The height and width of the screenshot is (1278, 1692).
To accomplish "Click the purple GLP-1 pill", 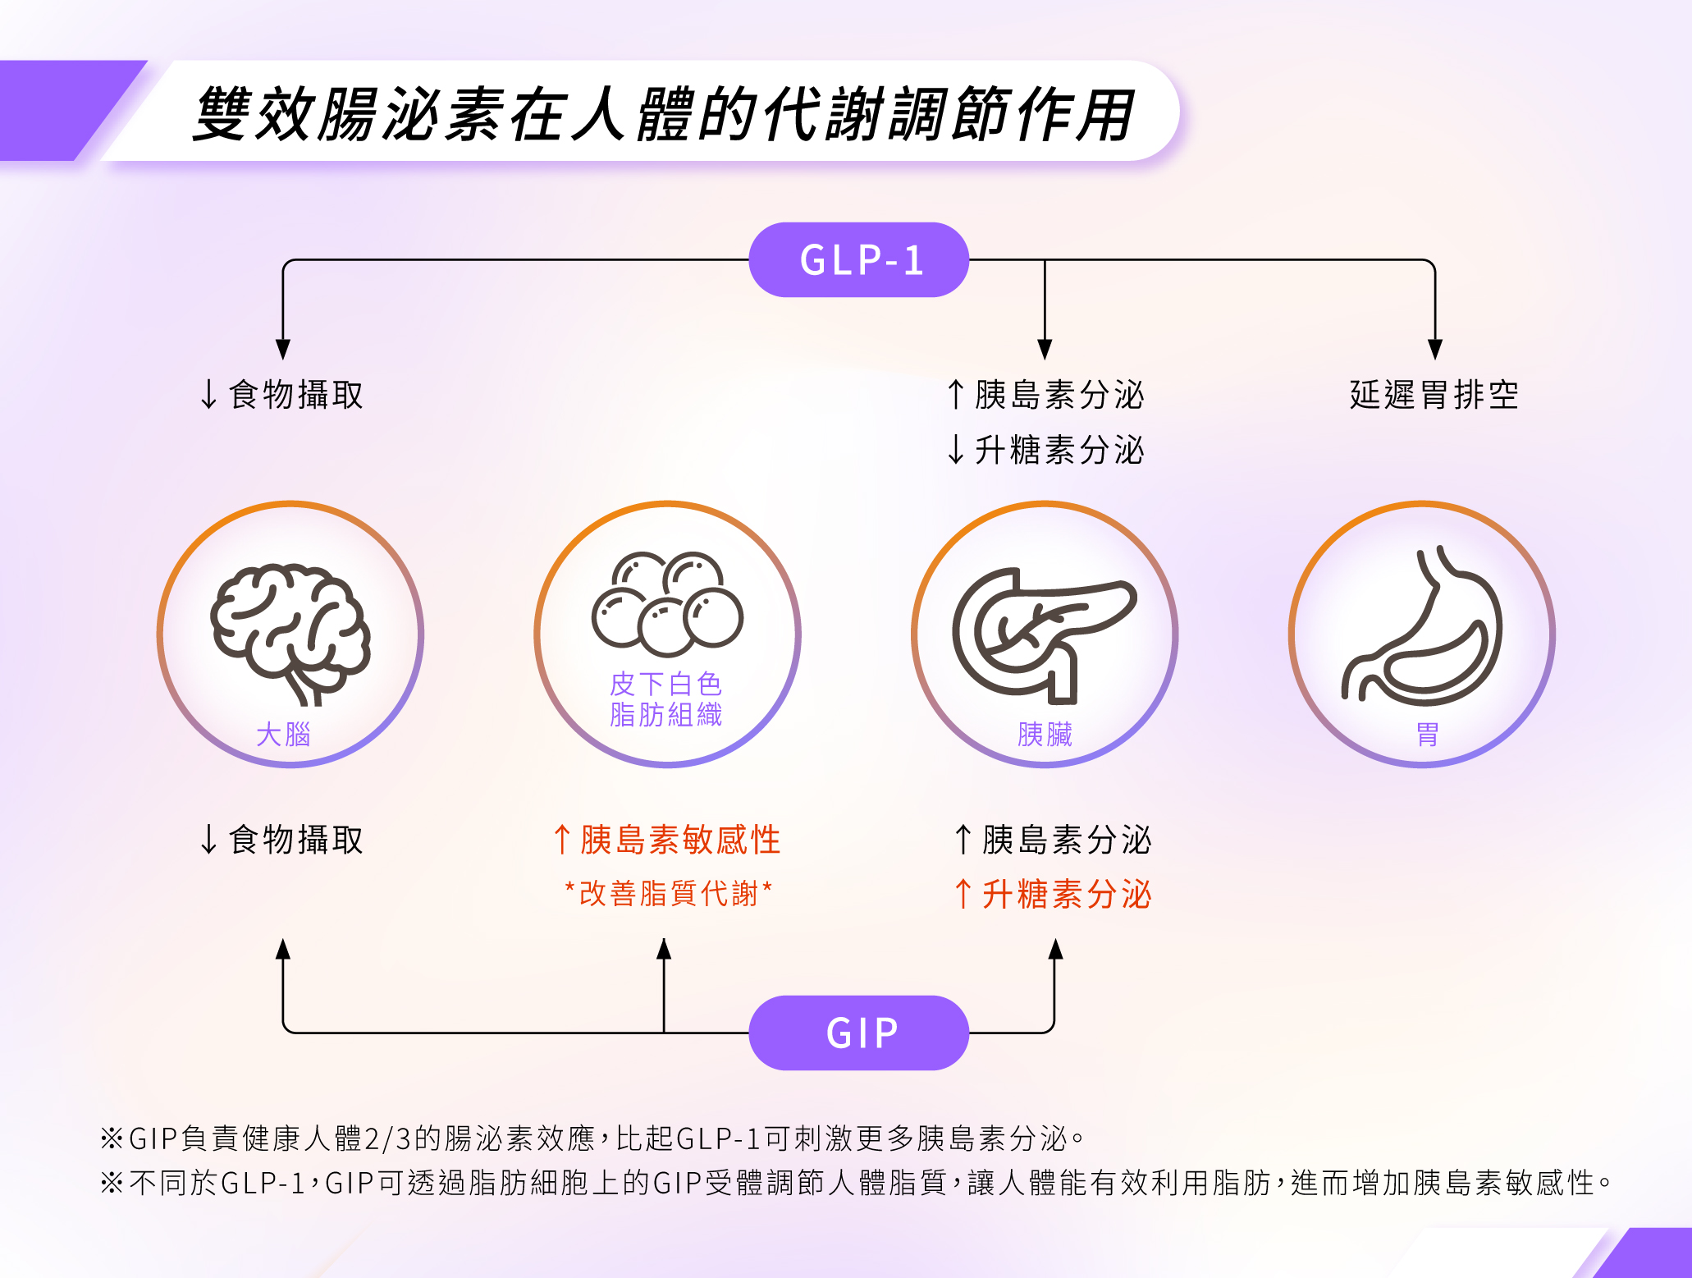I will [x=858, y=259].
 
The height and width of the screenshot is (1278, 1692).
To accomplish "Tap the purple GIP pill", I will [x=858, y=1033].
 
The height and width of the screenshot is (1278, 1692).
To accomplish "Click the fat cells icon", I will [x=667, y=603].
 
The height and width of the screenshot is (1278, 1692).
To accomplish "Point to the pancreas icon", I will [x=1042, y=633].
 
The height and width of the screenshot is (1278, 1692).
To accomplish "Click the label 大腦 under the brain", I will [x=283, y=734].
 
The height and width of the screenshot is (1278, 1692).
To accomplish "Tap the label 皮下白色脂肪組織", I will [x=665, y=699].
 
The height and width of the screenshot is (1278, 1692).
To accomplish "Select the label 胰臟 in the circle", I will [x=1045, y=734].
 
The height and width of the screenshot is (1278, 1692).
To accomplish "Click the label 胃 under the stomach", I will [x=1427, y=734].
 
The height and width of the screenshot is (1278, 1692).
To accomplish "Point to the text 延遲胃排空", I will [x=1434, y=395].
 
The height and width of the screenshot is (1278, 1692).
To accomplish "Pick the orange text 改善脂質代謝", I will [x=668, y=893].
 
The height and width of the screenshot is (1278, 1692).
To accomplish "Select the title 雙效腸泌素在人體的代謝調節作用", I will [x=663, y=113].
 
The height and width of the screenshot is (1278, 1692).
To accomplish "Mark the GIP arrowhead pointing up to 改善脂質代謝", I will [x=664, y=950].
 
